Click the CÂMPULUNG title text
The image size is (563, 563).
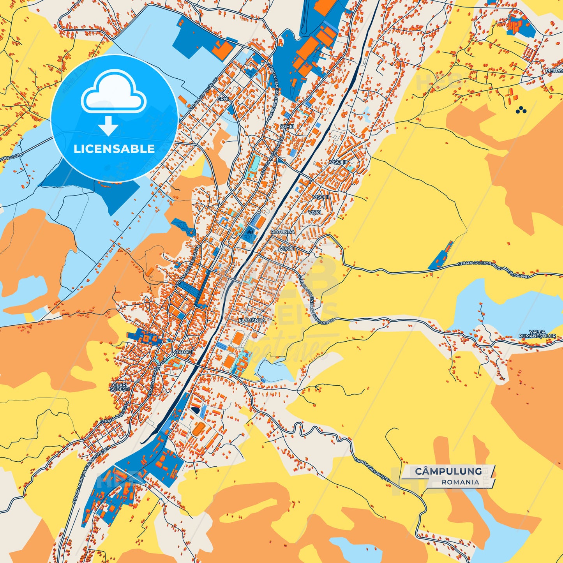[448, 471]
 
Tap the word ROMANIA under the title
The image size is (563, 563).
[460, 482]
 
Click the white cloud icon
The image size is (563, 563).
[113, 93]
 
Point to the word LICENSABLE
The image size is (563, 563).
[114, 149]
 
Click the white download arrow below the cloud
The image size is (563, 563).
[108, 125]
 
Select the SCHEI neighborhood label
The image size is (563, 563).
[287, 127]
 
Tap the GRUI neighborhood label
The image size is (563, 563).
[223, 99]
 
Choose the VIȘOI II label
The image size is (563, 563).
[320, 197]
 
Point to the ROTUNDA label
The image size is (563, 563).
[282, 232]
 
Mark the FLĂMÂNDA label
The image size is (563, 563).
[252, 320]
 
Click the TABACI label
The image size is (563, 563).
[184, 352]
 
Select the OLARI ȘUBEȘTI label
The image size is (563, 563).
[119, 387]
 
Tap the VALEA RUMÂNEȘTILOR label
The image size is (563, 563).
[537, 334]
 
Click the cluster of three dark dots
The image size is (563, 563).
[521, 111]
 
